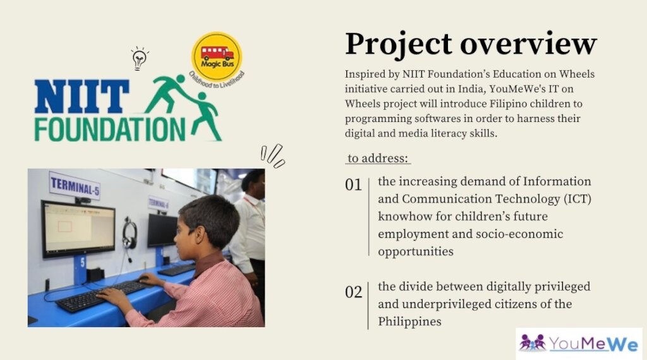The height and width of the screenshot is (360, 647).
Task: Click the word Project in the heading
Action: pos(399,44)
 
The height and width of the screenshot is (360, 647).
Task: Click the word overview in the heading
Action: pos(529,44)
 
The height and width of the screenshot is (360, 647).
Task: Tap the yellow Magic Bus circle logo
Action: pos(217,56)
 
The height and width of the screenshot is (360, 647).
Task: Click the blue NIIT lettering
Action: pos(82,97)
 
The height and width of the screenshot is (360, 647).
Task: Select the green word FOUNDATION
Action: pos(110,129)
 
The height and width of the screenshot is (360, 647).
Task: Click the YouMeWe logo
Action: pos(579,344)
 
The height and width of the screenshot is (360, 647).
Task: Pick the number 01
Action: pos(354,185)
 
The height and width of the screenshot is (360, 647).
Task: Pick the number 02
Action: pos(354,292)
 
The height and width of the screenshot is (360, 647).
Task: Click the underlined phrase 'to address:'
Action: pos(378,159)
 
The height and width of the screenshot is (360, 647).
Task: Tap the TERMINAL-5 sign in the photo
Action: pos(75,186)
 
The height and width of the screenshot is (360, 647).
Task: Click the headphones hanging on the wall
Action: pos(130,235)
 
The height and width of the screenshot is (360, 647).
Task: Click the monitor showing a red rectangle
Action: pos(78,229)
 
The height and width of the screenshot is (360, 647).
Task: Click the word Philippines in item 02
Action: pos(409,321)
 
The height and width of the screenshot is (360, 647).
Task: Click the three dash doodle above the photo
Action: pos(273,155)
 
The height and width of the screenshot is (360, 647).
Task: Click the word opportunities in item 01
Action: pos(416,251)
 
